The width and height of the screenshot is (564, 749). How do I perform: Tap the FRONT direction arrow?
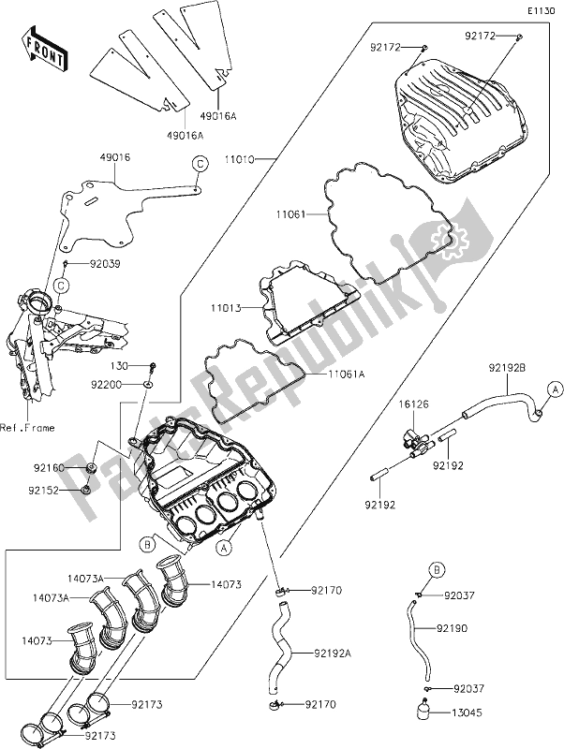coord(43,52)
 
